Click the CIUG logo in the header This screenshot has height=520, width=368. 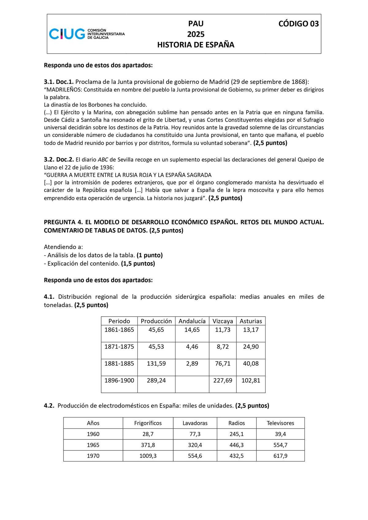pyautogui.click(x=87, y=33)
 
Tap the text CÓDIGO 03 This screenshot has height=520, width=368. pyautogui.click(x=298, y=24)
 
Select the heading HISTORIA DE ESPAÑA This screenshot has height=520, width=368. pyautogui.click(x=196, y=45)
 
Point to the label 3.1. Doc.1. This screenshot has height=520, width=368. pyautogui.click(x=59, y=82)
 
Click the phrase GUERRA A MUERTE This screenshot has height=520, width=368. pyautogui.click(x=69, y=175)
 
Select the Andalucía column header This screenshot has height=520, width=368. pyautogui.click(x=192, y=321)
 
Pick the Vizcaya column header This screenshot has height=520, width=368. pyautogui.click(x=223, y=321)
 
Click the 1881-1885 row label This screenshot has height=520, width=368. pyautogui.click(x=119, y=363)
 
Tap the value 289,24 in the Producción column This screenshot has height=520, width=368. pyautogui.click(x=156, y=380)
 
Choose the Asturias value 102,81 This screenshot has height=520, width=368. pyautogui.click(x=251, y=380)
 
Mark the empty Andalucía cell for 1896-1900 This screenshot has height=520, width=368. pyautogui.click(x=192, y=384)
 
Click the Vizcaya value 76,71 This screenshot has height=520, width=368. pyautogui.click(x=223, y=363)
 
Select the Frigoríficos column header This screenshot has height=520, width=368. pyautogui.click(x=148, y=423)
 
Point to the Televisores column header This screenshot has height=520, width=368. pyautogui.click(x=280, y=423)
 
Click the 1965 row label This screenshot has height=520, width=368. pyautogui.click(x=93, y=445)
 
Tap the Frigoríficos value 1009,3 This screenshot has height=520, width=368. pyautogui.click(x=148, y=456)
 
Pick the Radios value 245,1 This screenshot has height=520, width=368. pyautogui.click(x=236, y=434)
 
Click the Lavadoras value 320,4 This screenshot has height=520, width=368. pyautogui.click(x=195, y=445)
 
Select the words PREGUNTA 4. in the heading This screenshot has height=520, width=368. pyautogui.click(x=60, y=222)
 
